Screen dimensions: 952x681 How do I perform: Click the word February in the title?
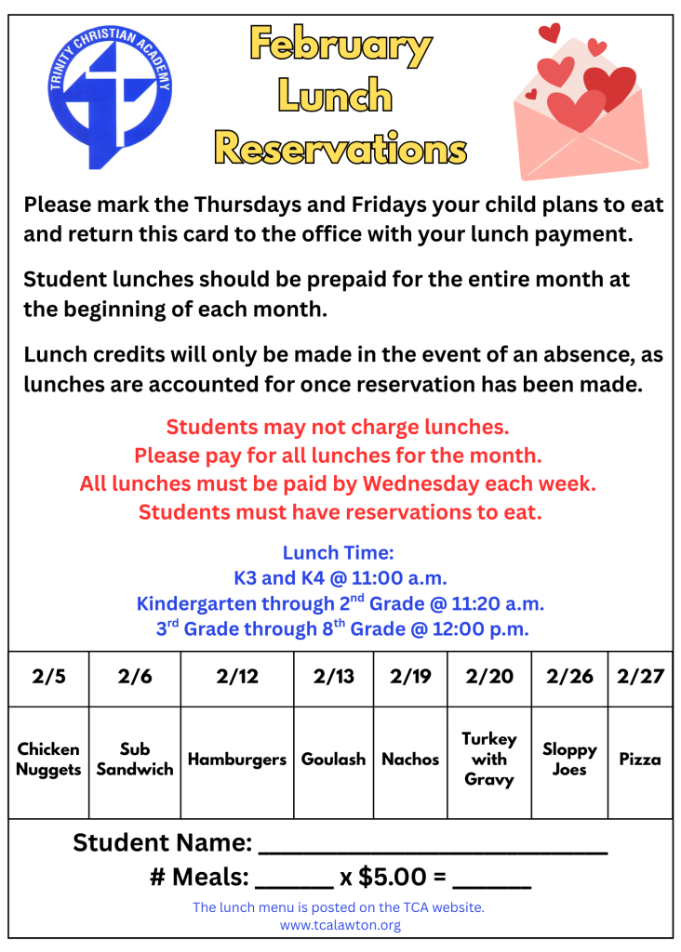pyautogui.click(x=340, y=46)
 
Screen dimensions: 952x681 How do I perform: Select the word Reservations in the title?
pyautogui.click(x=340, y=147)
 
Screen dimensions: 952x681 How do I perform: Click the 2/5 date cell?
pyautogui.click(x=48, y=677)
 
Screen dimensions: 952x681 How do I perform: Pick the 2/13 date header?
pyautogui.click(x=333, y=677)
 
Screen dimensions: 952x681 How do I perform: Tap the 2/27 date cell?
pyautogui.click(x=640, y=677)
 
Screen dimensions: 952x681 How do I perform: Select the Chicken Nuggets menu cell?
pyautogui.click(x=48, y=760)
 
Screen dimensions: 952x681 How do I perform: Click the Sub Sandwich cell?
pyautogui.click(x=135, y=760)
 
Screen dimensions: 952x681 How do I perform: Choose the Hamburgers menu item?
pyautogui.click(x=237, y=760)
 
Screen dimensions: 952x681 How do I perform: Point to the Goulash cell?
pyautogui.click(x=333, y=760)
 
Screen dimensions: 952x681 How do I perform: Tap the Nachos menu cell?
pyautogui.click(x=410, y=760)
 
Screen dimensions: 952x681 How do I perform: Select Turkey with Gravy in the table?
pyautogui.click(x=489, y=759)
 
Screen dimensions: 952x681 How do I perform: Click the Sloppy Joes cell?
pyautogui.click(x=569, y=760)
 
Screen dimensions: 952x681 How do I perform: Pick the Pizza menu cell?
pyautogui.click(x=640, y=760)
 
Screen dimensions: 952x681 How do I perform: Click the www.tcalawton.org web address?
pyautogui.click(x=340, y=925)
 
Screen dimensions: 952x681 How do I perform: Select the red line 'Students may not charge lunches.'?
pyautogui.click(x=338, y=428)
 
